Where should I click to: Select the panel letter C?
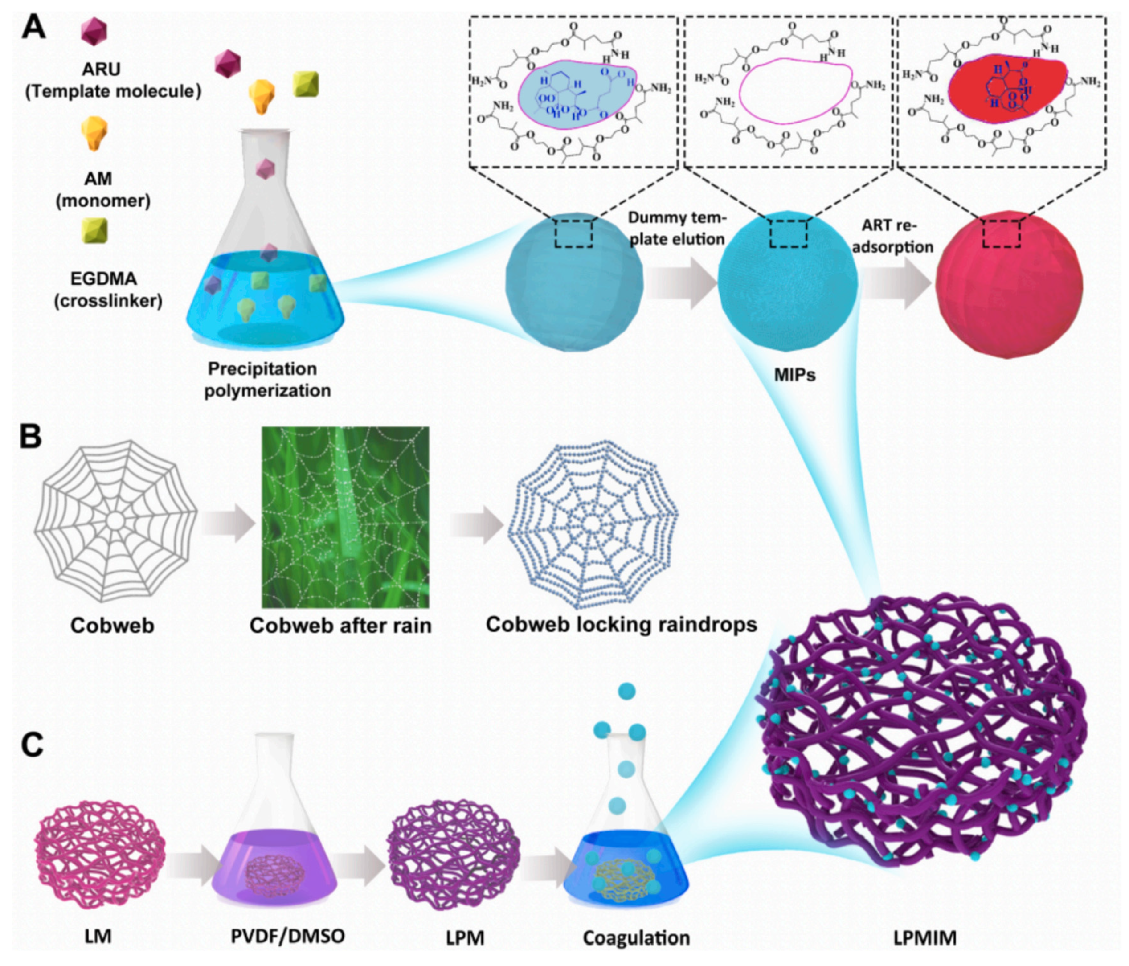pos(32,745)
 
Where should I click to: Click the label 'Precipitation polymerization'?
pos(267,380)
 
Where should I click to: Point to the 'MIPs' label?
pos(794,375)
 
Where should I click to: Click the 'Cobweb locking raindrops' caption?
pos(621,624)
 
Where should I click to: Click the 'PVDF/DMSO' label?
pos(287,936)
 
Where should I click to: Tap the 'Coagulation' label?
pos(636,937)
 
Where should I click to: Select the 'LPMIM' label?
pos(924,937)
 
